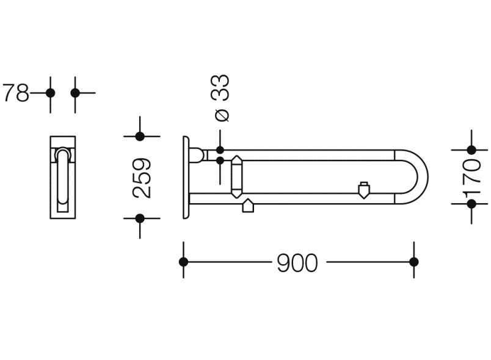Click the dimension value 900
pos(297,263)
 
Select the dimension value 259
pos(142,178)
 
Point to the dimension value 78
pos(16,93)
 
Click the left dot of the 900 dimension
pos(183,262)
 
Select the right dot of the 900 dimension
pos(414,262)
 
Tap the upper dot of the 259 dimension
pos(140,136)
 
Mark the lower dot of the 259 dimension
pos(140,218)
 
